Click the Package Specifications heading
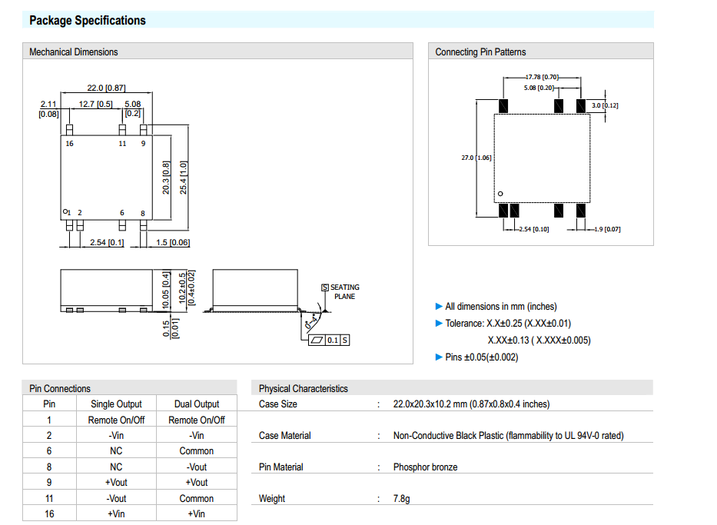point(87,21)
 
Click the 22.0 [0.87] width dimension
point(106,88)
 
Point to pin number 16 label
point(70,144)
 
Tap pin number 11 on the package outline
point(122,144)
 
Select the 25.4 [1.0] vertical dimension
point(184,178)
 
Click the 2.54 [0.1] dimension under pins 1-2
point(107,243)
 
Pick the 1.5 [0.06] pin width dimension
point(172,243)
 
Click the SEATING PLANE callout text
point(344,291)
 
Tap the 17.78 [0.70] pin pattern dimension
point(542,77)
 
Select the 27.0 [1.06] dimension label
point(476,158)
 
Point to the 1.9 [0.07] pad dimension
point(607,229)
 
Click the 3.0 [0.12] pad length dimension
point(605,105)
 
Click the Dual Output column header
point(197,404)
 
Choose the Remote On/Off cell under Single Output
point(116,420)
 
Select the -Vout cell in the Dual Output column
point(197,467)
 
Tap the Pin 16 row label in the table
point(49,513)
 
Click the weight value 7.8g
point(402,498)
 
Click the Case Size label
point(278,404)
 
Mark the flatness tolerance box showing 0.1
point(332,340)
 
